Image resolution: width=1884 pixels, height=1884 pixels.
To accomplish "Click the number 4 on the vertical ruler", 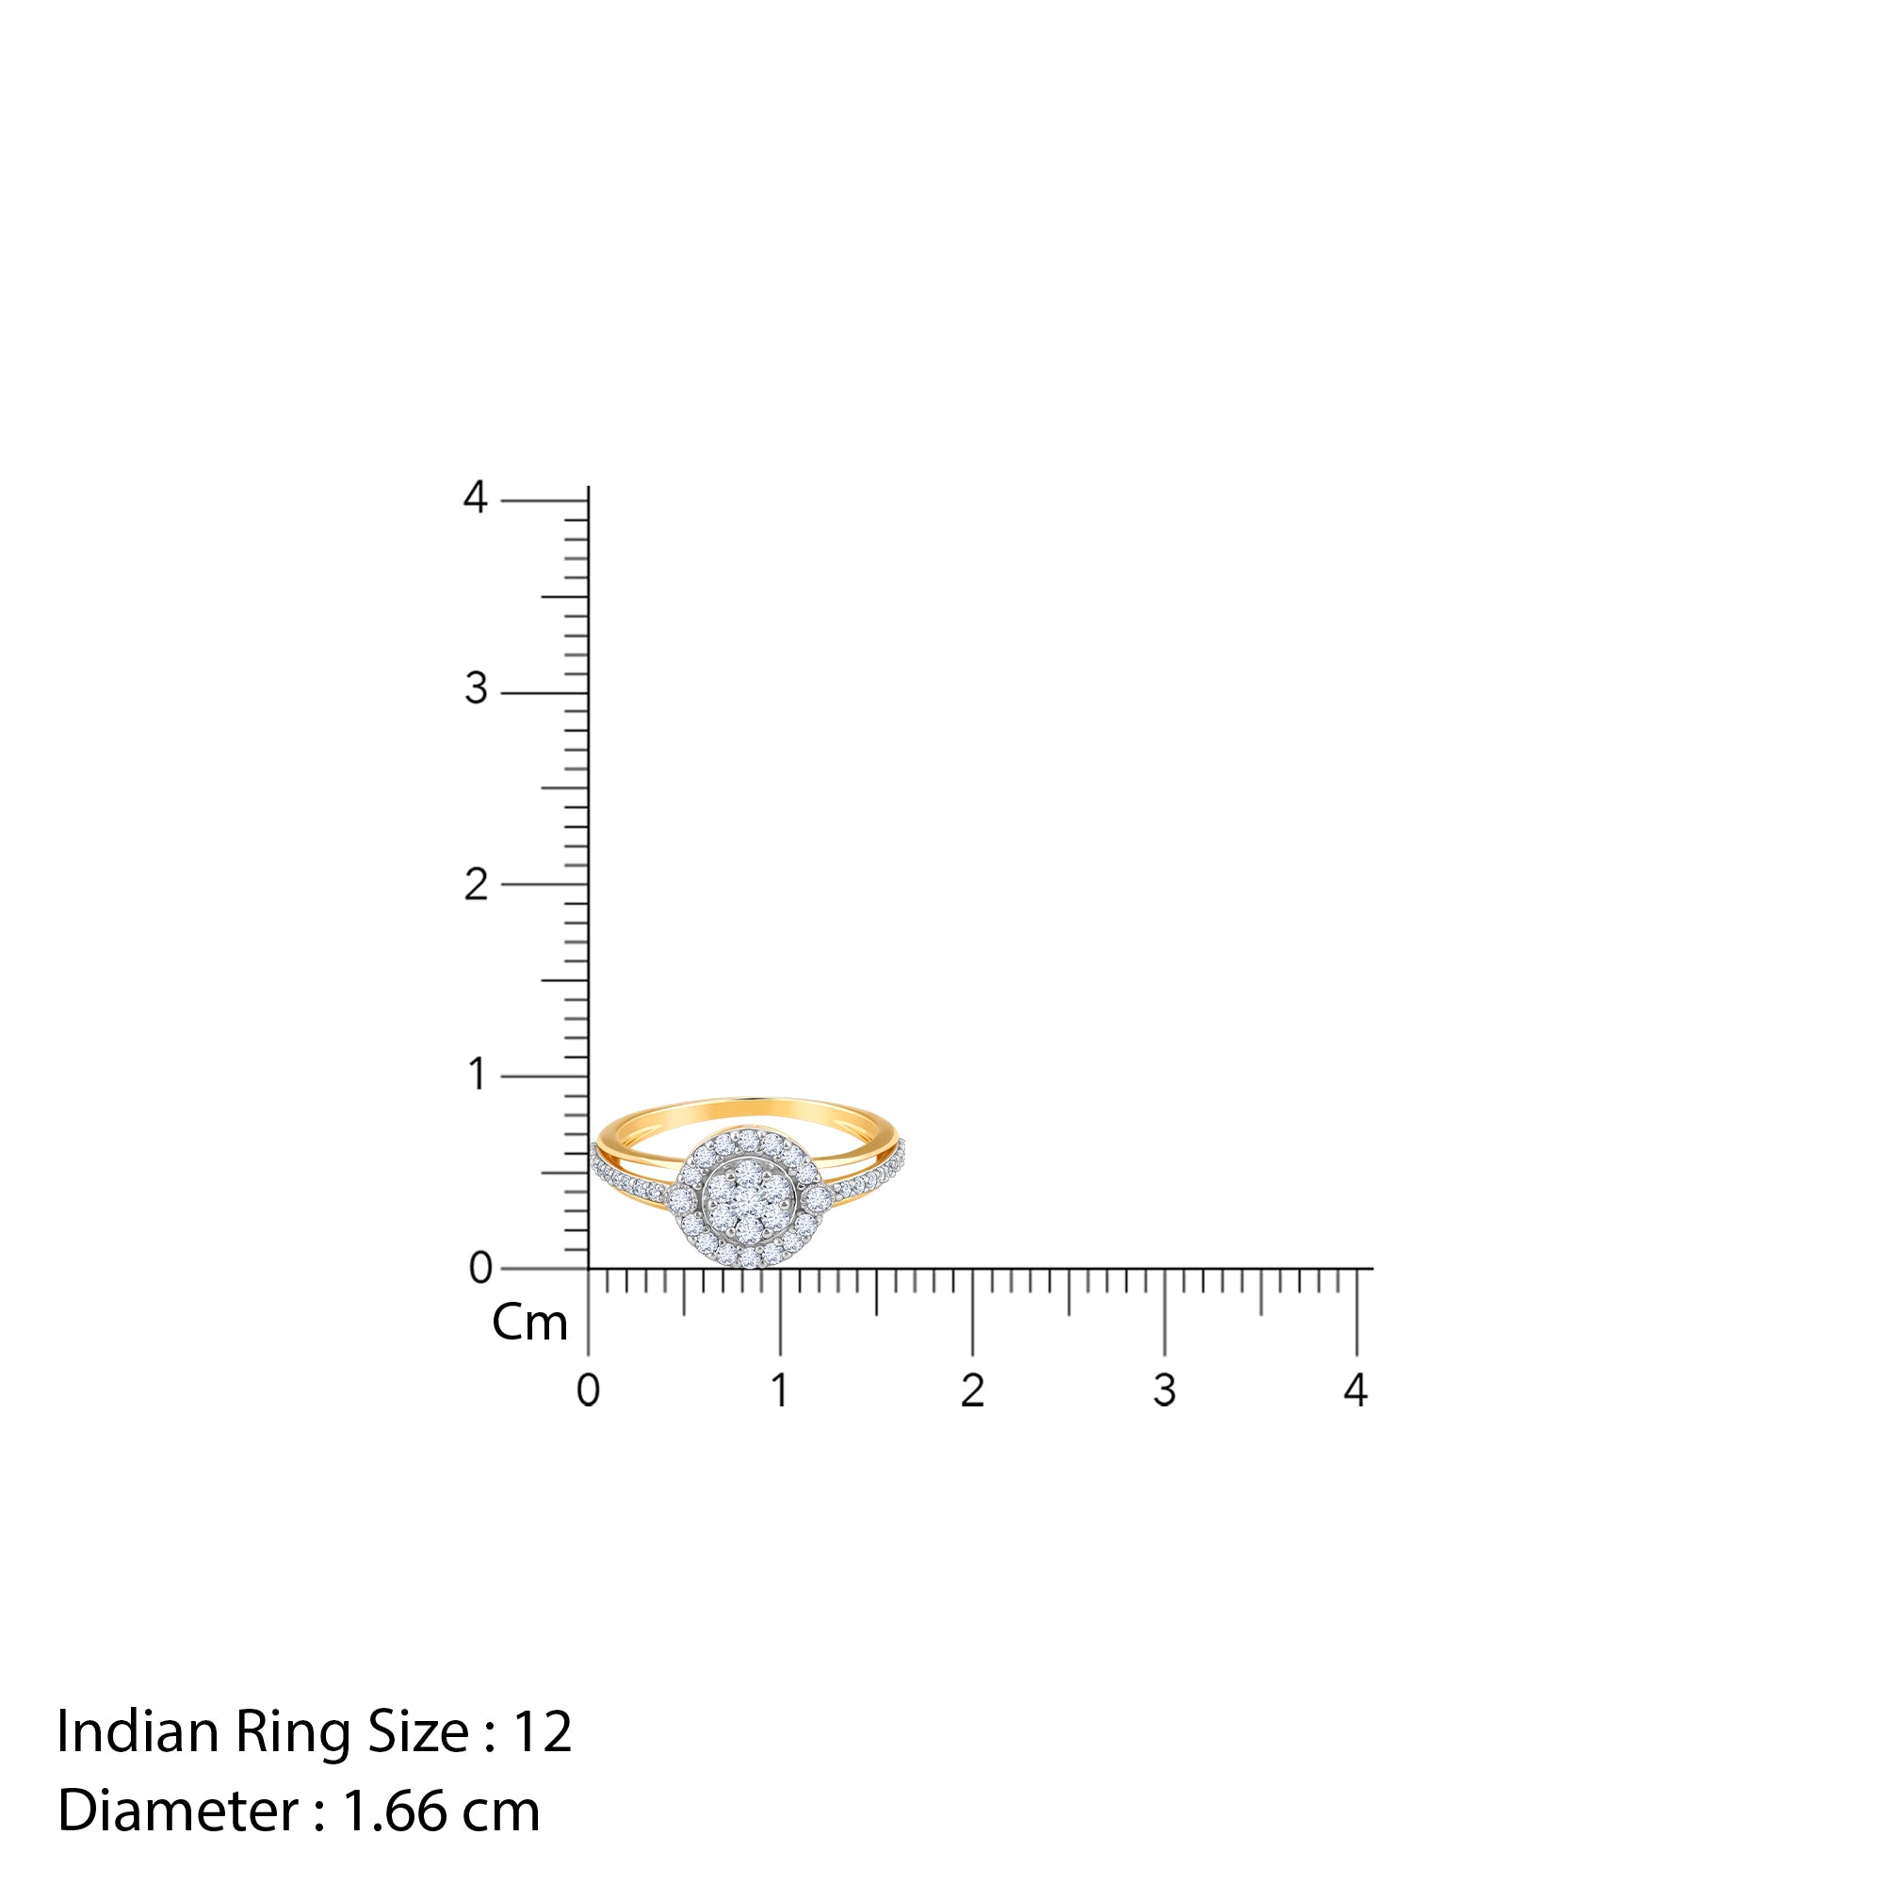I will click(x=475, y=497).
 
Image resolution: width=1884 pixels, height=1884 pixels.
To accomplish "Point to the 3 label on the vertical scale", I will click(x=475, y=690).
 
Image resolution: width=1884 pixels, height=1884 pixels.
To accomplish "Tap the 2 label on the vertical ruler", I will click(x=475, y=885).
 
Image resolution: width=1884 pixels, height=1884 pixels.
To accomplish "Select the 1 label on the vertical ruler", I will click(x=476, y=1075).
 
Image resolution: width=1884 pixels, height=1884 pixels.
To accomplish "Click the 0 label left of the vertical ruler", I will click(x=479, y=1268).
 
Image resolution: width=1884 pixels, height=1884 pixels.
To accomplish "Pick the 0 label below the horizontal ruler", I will click(x=588, y=1390).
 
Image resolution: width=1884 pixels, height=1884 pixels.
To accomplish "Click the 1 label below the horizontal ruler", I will click(x=780, y=1390).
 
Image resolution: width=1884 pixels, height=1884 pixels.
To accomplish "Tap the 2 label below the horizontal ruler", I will click(x=972, y=1390).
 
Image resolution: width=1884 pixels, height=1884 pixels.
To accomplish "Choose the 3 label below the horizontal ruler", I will click(x=1164, y=1390).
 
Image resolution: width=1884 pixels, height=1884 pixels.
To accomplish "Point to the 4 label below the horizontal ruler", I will click(x=1356, y=1390).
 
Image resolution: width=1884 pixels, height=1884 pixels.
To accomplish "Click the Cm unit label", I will click(x=529, y=1324).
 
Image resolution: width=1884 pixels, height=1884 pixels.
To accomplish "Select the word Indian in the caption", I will click(x=138, y=1732).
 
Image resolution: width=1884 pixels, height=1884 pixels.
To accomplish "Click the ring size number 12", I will click(x=543, y=1732).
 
